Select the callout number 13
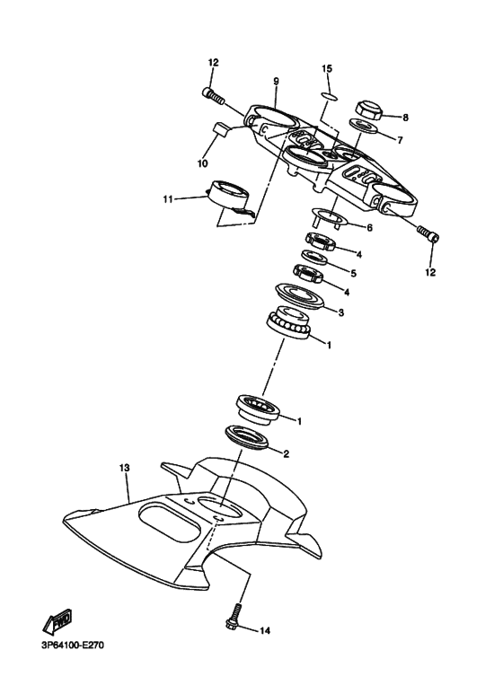tap(125, 468)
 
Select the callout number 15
tap(328, 69)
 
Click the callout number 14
tap(264, 630)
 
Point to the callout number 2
tap(286, 453)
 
